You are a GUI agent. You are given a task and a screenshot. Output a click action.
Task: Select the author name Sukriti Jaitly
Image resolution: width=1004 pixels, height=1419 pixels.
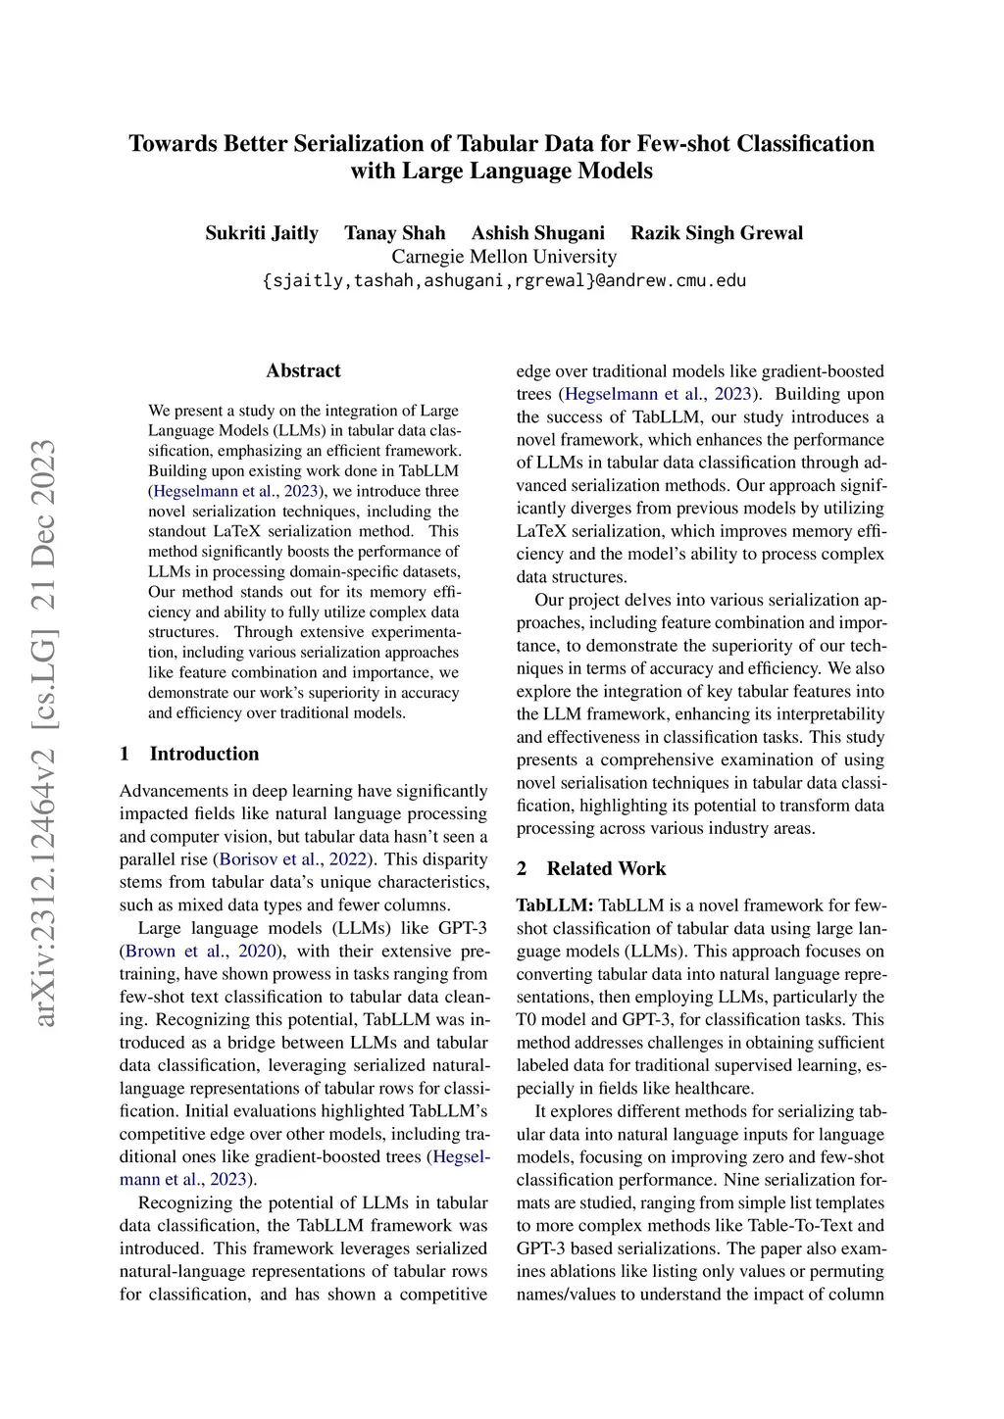click(x=262, y=233)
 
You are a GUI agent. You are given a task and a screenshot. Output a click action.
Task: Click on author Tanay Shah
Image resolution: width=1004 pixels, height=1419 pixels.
click(x=395, y=233)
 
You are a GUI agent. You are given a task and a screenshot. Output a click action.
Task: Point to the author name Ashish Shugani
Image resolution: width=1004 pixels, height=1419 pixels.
click(x=538, y=233)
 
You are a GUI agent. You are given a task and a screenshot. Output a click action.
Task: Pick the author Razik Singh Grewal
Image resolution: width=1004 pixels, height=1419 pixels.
click(x=717, y=233)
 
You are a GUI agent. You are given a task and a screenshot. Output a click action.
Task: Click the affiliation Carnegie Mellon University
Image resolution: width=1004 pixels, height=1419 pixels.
click(x=504, y=257)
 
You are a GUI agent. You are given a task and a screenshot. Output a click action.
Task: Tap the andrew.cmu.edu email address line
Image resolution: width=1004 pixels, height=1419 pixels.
click(x=504, y=280)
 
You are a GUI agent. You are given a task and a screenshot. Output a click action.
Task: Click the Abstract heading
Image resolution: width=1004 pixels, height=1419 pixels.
click(x=304, y=370)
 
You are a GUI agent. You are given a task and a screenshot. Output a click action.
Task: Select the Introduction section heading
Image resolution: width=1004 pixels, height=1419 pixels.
click(x=204, y=754)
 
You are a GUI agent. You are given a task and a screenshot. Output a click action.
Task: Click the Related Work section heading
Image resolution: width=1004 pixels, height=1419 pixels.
click(x=606, y=868)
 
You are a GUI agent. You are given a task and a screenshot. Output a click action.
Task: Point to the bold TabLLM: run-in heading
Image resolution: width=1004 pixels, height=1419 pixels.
click(x=555, y=905)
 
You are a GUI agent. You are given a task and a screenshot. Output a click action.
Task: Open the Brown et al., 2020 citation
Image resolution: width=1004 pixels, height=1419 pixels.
click(x=200, y=952)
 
